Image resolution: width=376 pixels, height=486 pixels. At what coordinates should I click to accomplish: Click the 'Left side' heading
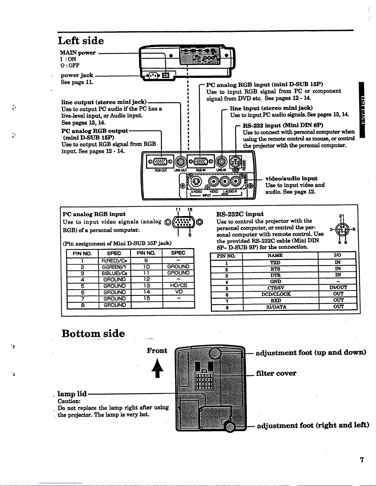(x=81, y=41)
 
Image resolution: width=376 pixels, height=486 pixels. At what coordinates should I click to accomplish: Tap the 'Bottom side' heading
(x=93, y=333)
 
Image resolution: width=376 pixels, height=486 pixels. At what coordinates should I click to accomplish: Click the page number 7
(x=362, y=460)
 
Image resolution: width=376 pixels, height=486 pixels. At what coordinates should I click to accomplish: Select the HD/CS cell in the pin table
(x=178, y=285)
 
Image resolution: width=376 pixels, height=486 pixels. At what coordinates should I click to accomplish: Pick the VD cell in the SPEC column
(x=178, y=292)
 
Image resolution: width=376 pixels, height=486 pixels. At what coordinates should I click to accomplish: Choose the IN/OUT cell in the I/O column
(x=338, y=288)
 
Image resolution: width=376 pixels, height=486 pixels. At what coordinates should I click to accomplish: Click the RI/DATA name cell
(x=276, y=307)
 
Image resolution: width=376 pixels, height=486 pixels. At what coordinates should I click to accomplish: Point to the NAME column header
(x=275, y=255)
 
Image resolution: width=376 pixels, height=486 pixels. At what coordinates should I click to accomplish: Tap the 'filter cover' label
(x=276, y=373)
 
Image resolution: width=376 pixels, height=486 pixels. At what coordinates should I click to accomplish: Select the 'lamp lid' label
(x=72, y=394)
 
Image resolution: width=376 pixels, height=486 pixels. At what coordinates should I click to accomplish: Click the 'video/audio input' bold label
(x=291, y=178)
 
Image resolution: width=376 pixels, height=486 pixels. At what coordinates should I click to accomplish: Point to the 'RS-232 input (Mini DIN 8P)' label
(x=283, y=125)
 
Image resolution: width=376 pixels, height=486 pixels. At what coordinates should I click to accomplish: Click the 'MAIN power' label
(x=77, y=53)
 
